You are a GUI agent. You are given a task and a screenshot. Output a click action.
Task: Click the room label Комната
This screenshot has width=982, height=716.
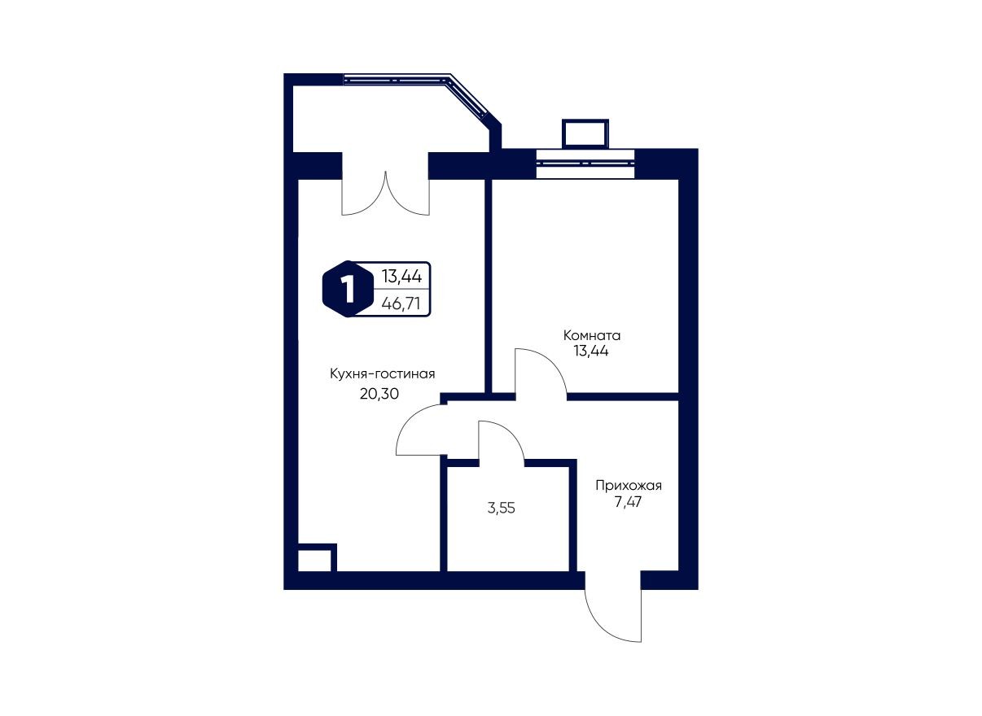click(592, 334)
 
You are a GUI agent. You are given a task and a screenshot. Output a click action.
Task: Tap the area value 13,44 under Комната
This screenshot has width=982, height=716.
click(592, 351)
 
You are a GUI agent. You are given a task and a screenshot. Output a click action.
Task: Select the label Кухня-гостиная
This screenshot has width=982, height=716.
click(382, 373)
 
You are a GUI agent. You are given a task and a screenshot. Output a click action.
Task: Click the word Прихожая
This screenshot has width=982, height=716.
click(628, 486)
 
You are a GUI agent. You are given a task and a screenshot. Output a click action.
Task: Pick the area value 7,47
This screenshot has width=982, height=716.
click(628, 504)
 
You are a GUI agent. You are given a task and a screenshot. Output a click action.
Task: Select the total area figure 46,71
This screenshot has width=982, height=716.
click(401, 303)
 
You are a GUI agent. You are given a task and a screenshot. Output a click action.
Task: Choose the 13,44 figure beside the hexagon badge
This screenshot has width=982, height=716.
click(401, 277)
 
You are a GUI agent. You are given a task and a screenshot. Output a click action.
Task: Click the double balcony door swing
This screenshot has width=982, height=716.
click(385, 195)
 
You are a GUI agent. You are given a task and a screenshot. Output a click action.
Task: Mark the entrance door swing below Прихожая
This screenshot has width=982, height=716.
click(613, 614)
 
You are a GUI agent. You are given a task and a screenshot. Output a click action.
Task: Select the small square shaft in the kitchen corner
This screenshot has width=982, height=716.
click(315, 559)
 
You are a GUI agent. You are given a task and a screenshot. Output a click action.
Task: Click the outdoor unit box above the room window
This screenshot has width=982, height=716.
click(585, 133)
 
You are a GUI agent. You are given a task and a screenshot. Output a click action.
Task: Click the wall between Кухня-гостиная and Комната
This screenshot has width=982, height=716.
click(489, 285)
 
